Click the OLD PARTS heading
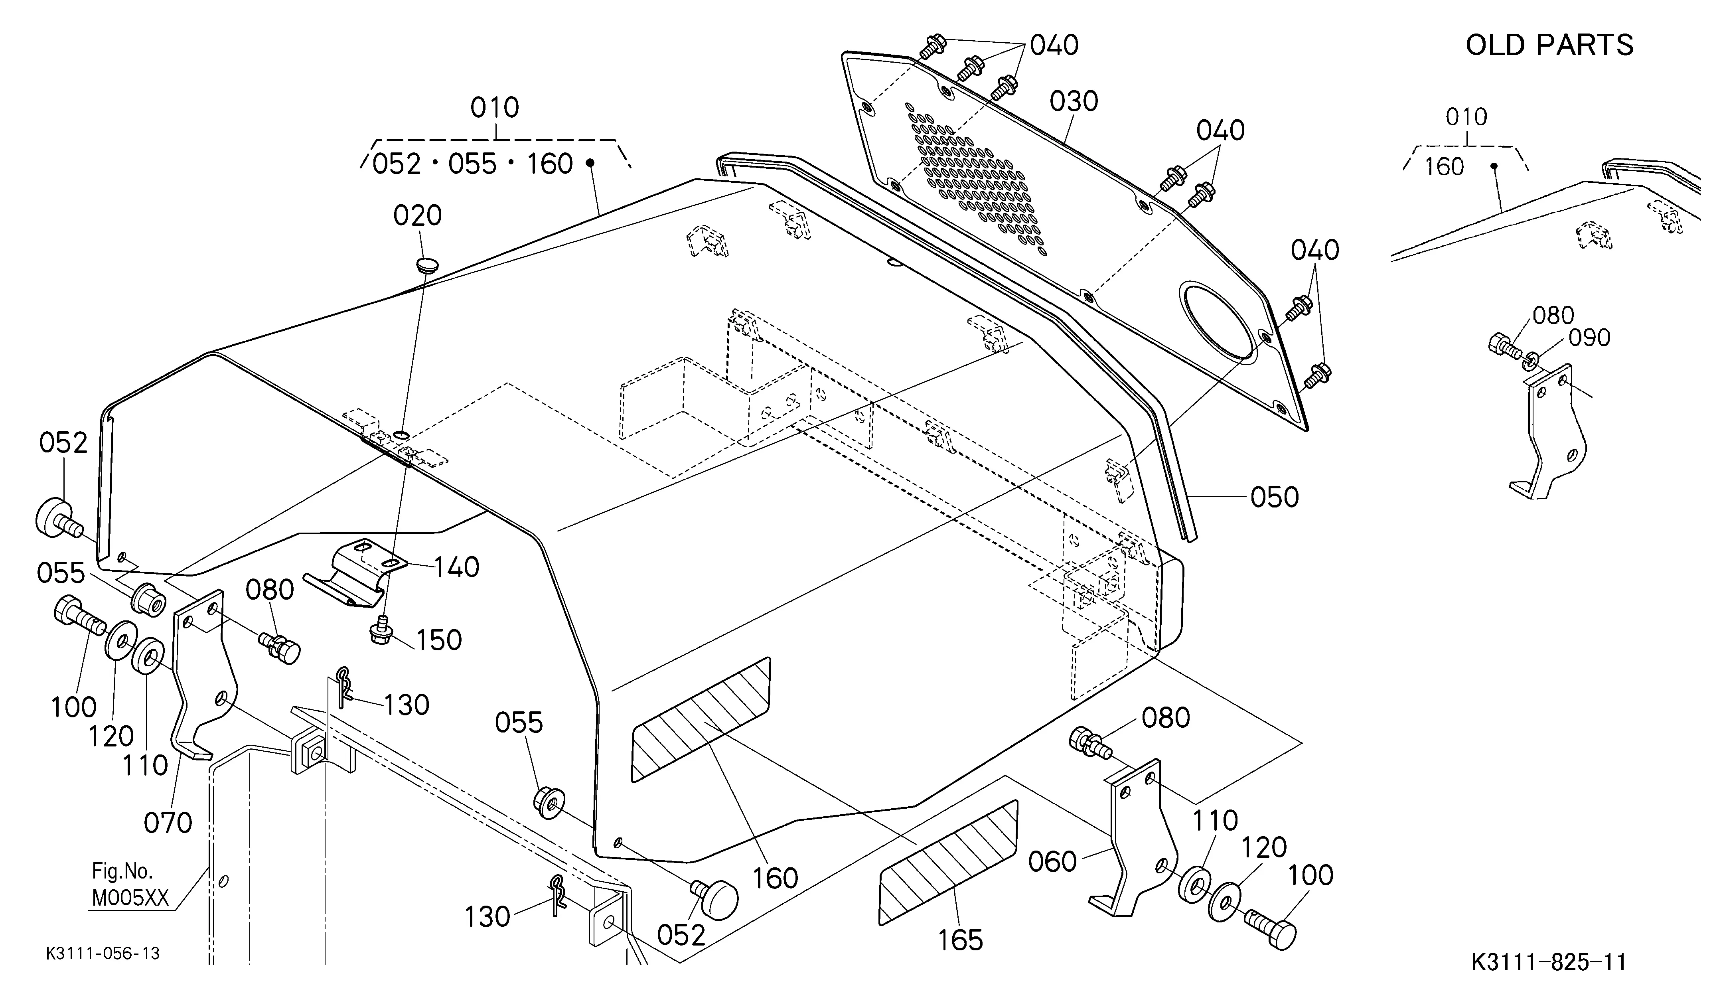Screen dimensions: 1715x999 [1549, 45]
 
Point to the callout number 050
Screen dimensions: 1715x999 [1274, 498]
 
